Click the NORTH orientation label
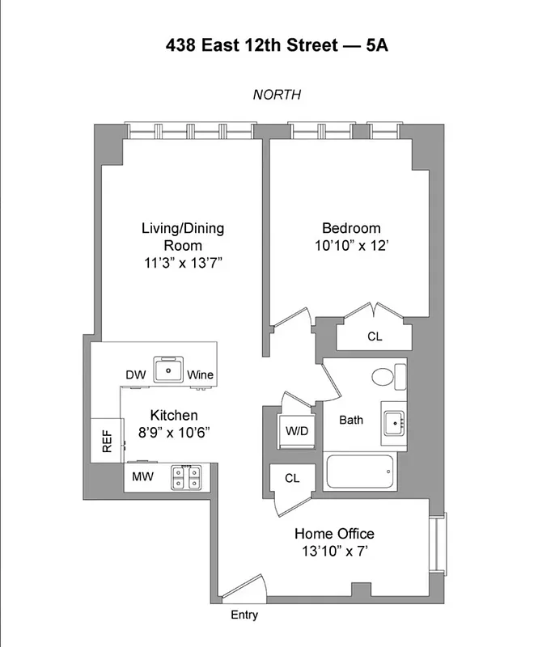tap(277, 95)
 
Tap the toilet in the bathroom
tap(386, 376)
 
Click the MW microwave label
tap(142, 478)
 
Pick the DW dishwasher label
tap(135, 374)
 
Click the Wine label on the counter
tap(200, 374)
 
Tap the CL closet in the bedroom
tap(374, 336)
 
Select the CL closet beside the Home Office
tap(292, 478)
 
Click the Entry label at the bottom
tap(244, 615)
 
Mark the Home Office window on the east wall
tap(440, 544)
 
